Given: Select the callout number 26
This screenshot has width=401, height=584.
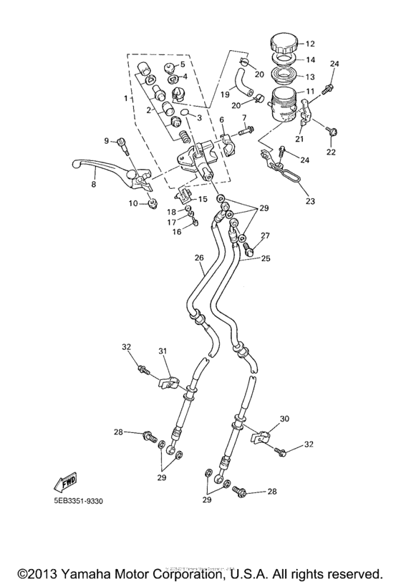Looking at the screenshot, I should click(199, 258).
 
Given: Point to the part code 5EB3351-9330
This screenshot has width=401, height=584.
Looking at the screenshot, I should click(73, 500).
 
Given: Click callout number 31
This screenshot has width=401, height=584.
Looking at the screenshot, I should click(162, 351).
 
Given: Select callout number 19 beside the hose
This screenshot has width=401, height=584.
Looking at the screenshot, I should click(224, 94).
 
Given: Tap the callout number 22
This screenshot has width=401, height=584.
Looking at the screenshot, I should click(331, 152).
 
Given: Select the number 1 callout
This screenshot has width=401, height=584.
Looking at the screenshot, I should click(126, 97).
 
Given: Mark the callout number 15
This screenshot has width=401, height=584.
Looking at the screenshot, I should click(203, 200).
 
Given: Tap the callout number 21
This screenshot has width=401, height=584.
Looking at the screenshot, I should click(300, 139).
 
